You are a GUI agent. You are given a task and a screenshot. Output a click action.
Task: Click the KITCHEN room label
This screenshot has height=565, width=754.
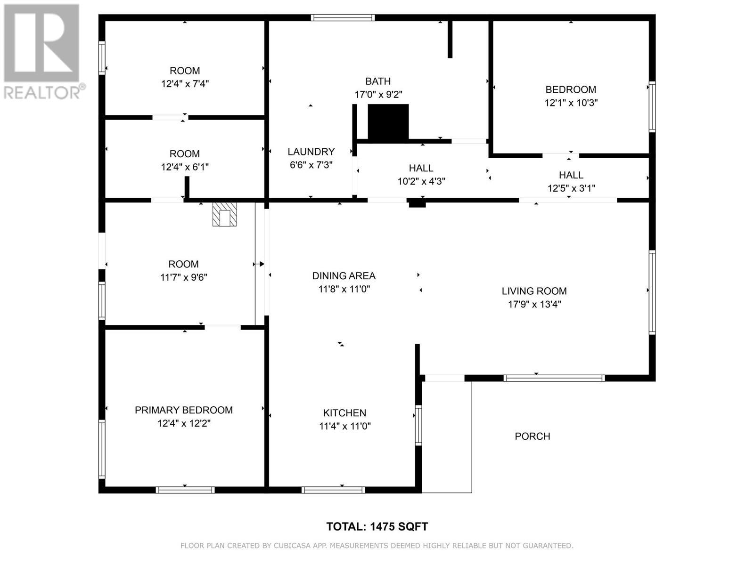[x=344, y=413]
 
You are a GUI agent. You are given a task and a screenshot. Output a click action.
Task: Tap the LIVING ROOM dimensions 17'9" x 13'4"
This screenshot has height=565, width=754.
[x=534, y=304]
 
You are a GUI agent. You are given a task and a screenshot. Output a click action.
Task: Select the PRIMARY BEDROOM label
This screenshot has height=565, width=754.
[x=184, y=410]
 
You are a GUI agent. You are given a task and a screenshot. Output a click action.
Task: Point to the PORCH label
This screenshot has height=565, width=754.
[x=533, y=436]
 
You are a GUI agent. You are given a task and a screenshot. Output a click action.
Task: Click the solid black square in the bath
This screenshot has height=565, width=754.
[x=388, y=122]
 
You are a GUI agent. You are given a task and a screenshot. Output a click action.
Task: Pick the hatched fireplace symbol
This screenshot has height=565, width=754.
[x=224, y=214]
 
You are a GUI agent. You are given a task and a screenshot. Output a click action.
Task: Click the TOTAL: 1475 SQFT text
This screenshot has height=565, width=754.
[x=377, y=526]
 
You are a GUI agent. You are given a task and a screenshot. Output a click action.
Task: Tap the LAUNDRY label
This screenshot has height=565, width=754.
[x=311, y=152]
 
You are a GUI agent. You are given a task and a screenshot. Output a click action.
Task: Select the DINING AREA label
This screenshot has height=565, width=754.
[x=344, y=276]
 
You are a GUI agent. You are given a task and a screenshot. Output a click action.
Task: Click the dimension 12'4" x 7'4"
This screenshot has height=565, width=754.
[x=185, y=84]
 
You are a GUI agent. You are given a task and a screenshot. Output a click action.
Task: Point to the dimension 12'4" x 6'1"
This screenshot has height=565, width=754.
[x=185, y=167]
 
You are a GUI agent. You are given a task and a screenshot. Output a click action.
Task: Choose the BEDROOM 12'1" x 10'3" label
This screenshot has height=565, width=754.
[x=571, y=89]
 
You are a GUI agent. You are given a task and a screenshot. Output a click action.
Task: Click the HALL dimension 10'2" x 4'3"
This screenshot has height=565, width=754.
[x=421, y=181]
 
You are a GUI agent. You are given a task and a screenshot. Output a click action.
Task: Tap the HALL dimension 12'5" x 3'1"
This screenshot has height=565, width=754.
[x=571, y=188]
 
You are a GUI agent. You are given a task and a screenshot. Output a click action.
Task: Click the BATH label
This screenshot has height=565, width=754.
[x=378, y=81]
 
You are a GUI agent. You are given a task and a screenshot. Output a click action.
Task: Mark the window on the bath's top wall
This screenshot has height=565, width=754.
[x=343, y=18]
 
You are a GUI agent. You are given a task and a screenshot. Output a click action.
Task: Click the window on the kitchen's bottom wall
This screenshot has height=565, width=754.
[x=333, y=490]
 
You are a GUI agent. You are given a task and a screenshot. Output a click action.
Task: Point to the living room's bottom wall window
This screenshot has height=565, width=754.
[x=554, y=378]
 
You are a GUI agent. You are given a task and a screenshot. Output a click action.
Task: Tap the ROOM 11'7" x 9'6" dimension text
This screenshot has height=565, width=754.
[x=184, y=277]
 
